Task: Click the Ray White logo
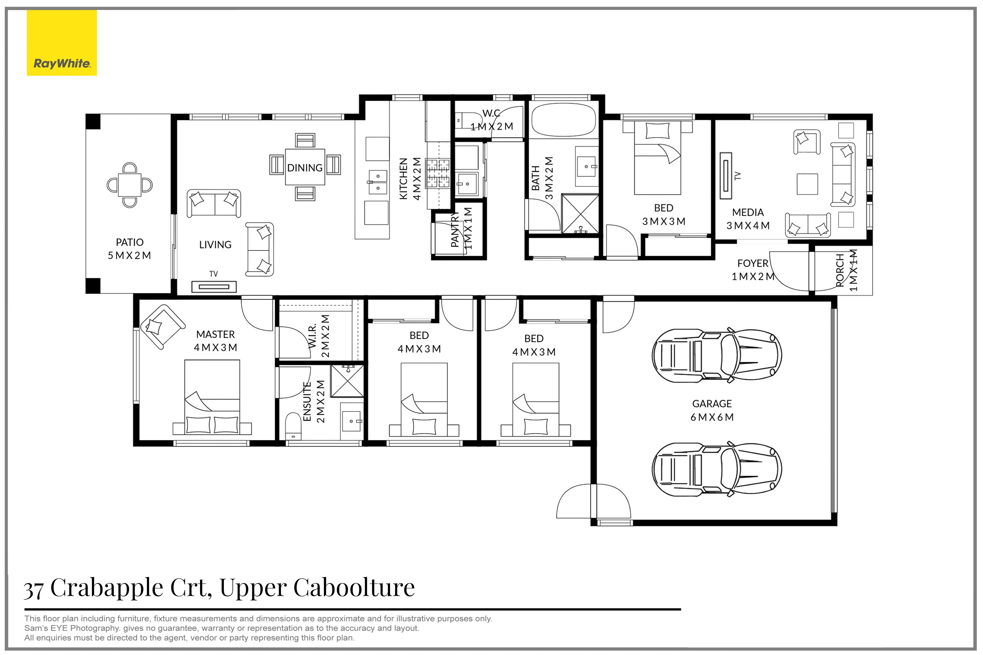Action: [62, 43]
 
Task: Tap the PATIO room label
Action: [130, 242]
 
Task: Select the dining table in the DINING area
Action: [305, 167]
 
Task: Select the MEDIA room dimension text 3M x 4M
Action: [748, 225]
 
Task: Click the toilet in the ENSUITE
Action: [293, 426]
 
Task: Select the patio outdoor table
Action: [130, 185]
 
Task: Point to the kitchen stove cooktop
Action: [437, 172]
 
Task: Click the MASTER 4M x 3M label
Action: [216, 341]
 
